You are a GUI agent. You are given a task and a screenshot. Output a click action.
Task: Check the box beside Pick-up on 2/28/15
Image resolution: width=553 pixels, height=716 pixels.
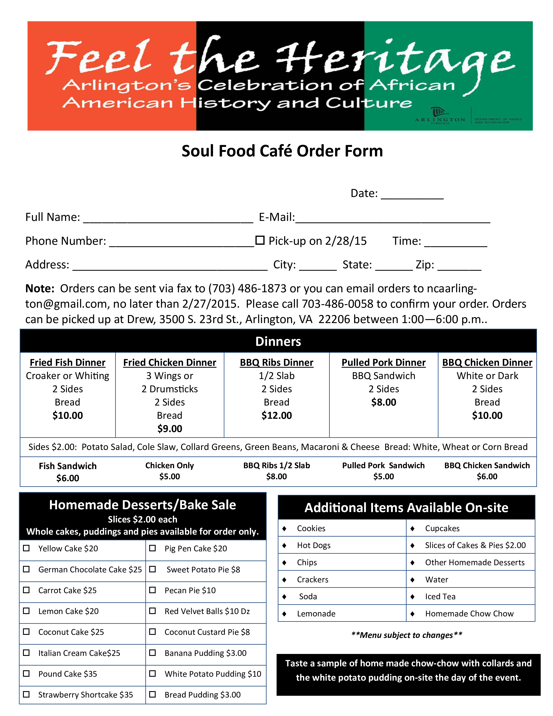[260, 240]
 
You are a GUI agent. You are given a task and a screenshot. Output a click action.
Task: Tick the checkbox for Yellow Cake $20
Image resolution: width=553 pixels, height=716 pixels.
[26, 548]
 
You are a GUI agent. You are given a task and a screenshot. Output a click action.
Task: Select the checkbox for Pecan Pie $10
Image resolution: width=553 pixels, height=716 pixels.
[152, 590]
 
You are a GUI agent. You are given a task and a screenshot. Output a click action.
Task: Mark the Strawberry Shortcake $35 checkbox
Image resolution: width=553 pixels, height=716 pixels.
[26, 694]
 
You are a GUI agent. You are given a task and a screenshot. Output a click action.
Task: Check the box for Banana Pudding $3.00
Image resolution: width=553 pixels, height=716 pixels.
[152, 653]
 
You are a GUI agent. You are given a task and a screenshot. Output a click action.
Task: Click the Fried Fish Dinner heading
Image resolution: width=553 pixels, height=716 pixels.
[67, 363]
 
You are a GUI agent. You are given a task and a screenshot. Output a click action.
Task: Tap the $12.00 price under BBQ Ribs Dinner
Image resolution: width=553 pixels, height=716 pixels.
[276, 415]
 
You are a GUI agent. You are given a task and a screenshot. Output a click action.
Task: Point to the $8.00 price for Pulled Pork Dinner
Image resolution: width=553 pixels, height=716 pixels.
[384, 402]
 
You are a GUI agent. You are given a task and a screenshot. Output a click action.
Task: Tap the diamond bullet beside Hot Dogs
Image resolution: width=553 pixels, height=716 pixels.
[284, 545]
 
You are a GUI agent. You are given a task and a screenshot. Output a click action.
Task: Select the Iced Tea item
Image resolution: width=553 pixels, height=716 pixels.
[440, 596]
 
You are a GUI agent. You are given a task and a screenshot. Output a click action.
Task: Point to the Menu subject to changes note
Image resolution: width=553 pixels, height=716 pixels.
[407, 635]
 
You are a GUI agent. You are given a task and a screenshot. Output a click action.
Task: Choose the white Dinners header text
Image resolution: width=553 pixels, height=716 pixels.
[278, 341]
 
